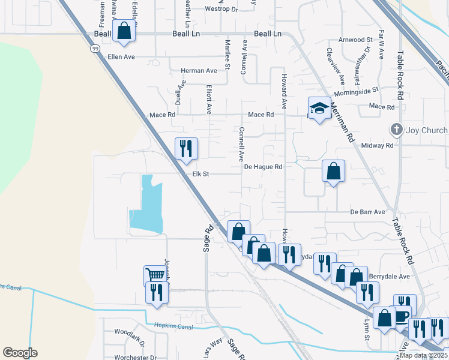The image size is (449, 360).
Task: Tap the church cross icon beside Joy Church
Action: [x=396, y=130]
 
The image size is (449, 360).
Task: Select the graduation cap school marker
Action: [x=319, y=108]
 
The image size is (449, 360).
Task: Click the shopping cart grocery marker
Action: [x=155, y=275]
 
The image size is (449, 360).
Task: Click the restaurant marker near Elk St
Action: [x=186, y=148]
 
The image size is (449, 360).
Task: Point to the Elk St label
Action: [x=200, y=174]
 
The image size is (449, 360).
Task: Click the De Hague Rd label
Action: [x=263, y=166]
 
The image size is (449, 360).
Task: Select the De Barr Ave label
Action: [x=367, y=212]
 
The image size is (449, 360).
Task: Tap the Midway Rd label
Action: [x=377, y=145]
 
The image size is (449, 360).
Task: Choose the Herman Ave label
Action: [x=199, y=71]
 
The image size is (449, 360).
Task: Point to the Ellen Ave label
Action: [x=120, y=57]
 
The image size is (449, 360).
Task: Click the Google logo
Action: [x=20, y=353]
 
